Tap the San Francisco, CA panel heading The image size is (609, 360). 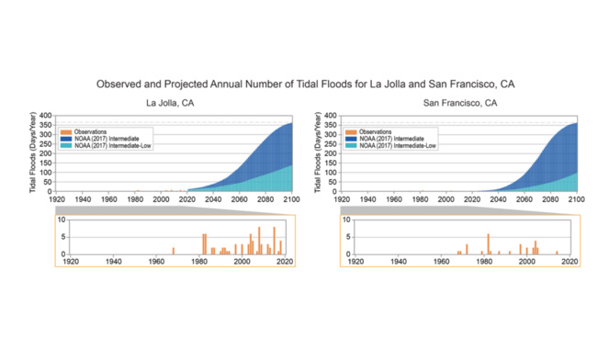click(460, 103)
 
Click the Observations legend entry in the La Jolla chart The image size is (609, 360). click(91, 132)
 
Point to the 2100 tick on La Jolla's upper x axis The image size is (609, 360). click(292, 198)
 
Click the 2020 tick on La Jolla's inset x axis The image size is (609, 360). click(284, 261)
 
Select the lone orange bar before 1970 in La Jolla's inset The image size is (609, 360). click(173, 251)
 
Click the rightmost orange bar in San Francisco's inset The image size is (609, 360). click(557, 253)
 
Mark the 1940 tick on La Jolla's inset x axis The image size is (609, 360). click(114, 261)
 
